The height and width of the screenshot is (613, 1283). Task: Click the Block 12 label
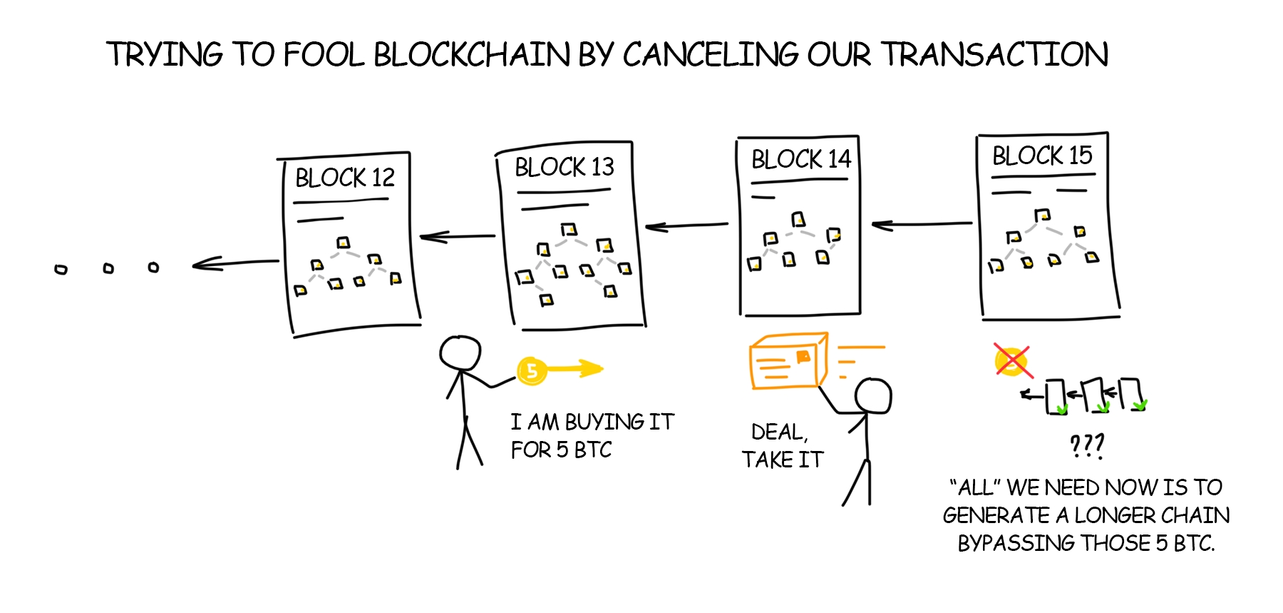click(345, 178)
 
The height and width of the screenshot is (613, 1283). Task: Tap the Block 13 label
click(564, 167)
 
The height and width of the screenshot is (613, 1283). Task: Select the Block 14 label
click(800, 158)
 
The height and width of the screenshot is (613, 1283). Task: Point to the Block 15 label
click(1042, 156)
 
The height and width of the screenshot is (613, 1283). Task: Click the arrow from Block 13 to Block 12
click(457, 236)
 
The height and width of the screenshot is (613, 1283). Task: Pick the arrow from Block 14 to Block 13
click(686, 226)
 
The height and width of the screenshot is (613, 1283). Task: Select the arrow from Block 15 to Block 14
click(922, 225)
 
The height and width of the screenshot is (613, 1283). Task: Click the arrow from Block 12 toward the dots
click(235, 263)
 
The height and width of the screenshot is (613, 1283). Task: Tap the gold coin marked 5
click(531, 370)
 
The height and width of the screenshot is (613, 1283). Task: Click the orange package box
click(788, 361)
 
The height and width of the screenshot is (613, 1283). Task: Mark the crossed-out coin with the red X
click(1012, 361)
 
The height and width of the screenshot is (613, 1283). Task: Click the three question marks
click(1086, 446)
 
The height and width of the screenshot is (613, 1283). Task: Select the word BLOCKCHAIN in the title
click(472, 55)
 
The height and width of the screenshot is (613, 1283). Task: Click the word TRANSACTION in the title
click(994, 55)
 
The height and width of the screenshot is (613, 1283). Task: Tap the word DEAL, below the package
click(779, 432)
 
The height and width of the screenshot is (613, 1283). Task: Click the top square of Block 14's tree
click(798, 219)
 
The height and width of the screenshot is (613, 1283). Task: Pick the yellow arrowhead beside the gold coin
click(592, 368)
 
